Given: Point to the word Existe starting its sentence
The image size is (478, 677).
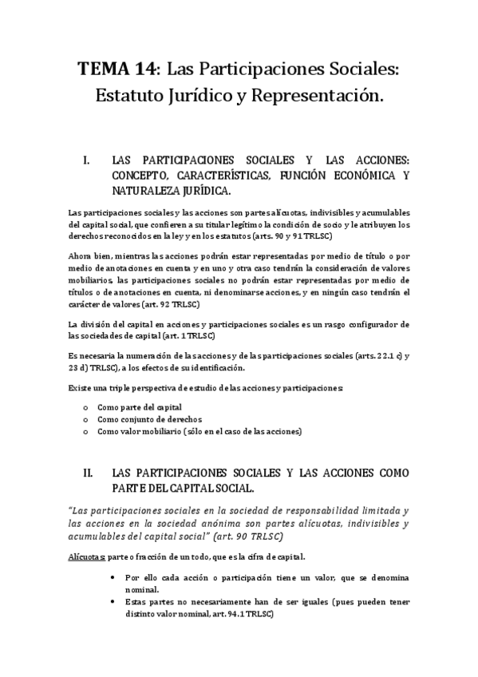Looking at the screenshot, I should click(x=81, y=387).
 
